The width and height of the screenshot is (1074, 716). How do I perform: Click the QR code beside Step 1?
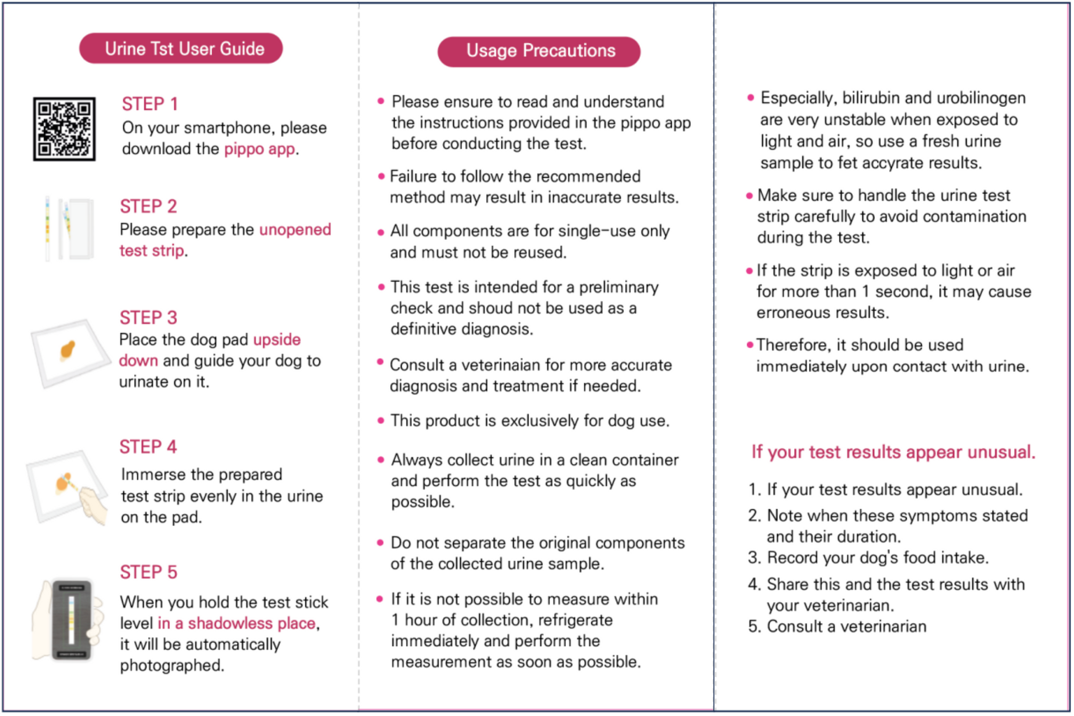[64, 129]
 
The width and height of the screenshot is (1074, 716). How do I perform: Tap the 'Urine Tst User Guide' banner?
[181, 49]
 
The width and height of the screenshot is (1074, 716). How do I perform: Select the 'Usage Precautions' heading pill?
[539, 51]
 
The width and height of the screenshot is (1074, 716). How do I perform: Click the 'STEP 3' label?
[148, 317]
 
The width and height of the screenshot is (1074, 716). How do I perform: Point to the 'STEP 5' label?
[148, 572]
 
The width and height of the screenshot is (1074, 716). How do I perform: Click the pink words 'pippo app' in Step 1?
[259, 149]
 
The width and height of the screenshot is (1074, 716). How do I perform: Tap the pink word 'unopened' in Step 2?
[295, 230]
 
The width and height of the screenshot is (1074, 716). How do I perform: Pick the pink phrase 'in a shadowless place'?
[237, 623]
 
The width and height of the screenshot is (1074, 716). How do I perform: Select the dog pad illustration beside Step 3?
[70, 352]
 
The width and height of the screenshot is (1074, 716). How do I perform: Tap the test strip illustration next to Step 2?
[69, 229]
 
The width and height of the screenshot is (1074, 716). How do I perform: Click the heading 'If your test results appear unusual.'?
[892, 452]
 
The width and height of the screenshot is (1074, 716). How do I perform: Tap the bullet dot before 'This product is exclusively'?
[380, 421]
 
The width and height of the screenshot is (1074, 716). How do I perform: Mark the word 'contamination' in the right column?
[974, 216]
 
